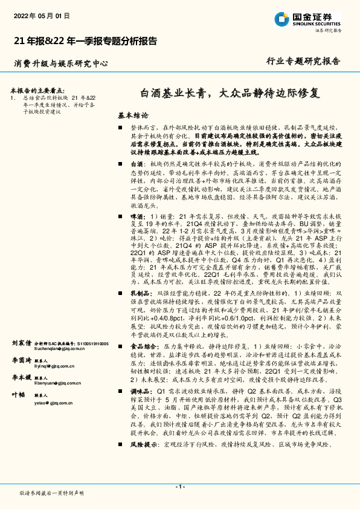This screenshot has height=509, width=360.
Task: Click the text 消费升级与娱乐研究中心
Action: coord(61,63)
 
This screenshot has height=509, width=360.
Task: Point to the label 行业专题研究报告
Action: coord(303,62)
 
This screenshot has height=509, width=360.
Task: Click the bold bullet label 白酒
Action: coord(137,164)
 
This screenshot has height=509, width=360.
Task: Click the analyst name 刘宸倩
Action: coord(21,342)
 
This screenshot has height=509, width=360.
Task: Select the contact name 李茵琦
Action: coord(21,359)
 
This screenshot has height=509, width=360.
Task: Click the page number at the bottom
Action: coord(179,487)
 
